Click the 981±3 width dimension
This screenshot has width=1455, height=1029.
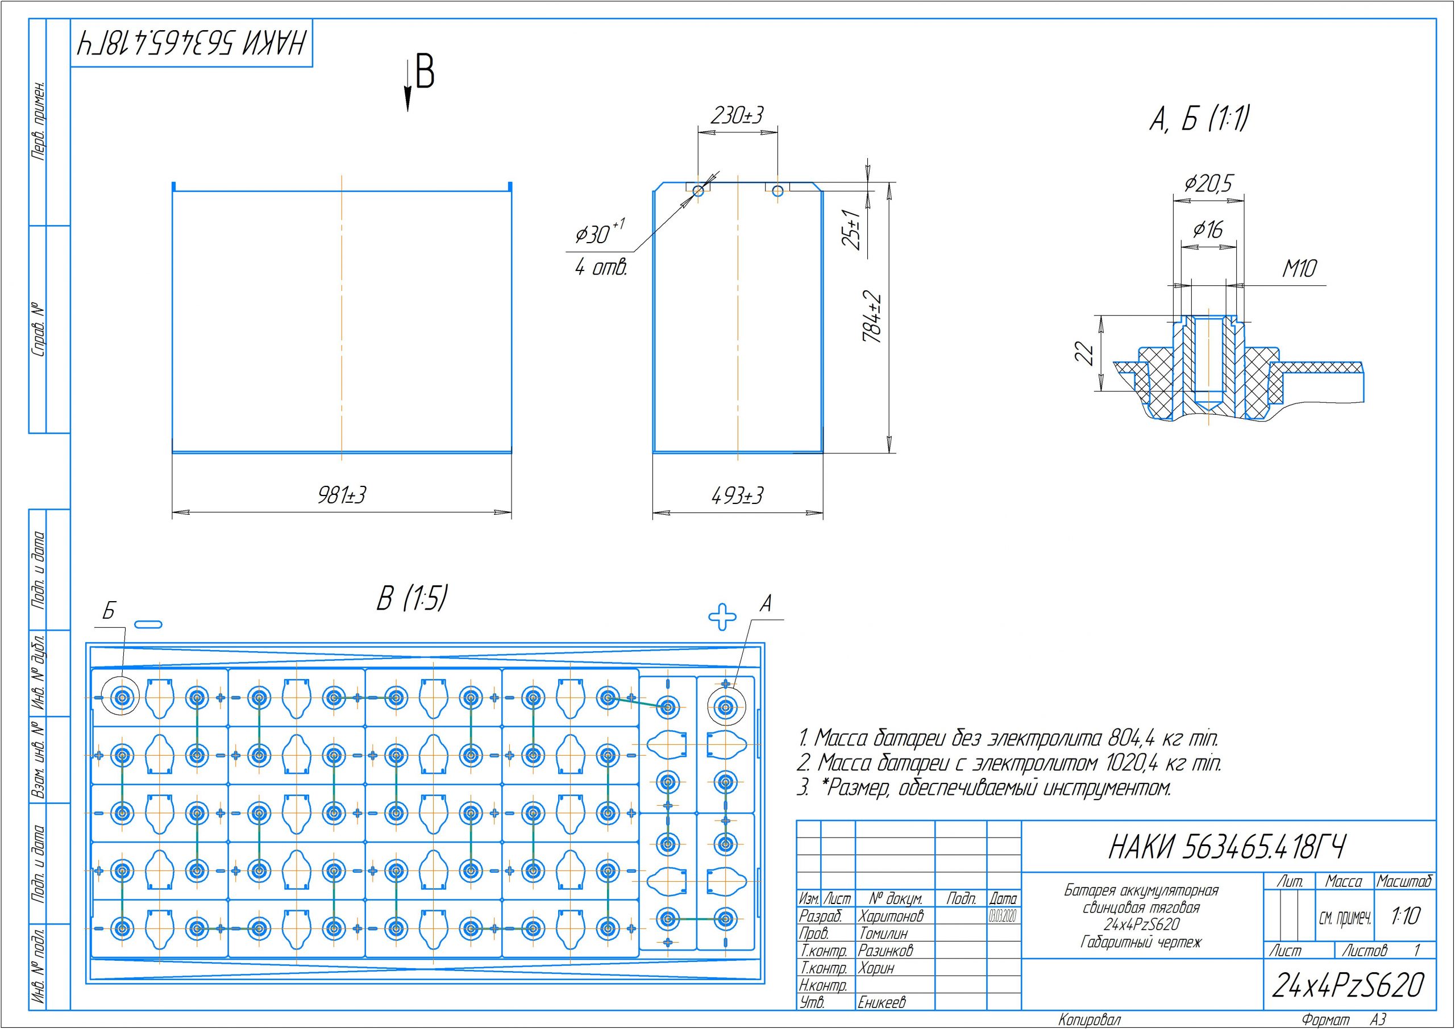point(342,495)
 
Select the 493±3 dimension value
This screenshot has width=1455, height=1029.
point(737,495)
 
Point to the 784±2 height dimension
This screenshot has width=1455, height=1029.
point(872,318)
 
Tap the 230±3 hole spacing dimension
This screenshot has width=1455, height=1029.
point(737,115)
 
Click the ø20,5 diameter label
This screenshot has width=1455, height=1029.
point(1208,184)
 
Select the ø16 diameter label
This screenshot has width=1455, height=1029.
point(1208,230)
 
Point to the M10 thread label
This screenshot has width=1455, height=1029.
point(1300,269)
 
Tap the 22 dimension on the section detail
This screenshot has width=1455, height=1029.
point(1085,353)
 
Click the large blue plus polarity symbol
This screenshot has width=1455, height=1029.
point(722,615)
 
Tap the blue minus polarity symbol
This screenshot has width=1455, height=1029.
point(148,624)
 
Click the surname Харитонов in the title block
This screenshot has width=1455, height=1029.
point(891,915)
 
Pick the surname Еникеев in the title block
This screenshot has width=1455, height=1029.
point(882,1002)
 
